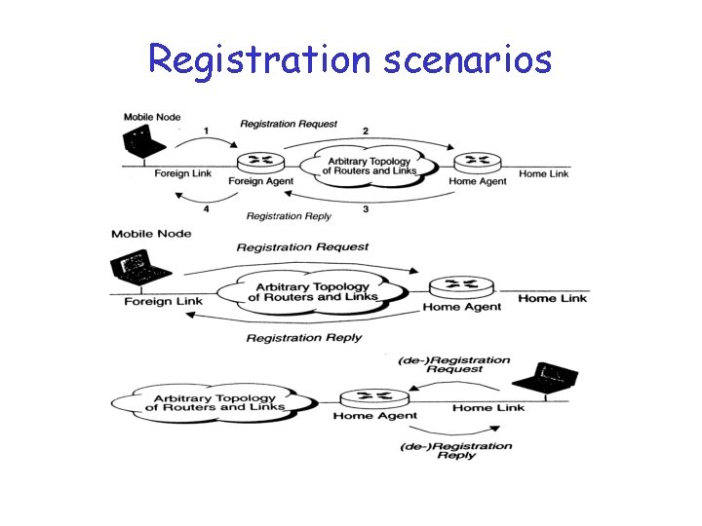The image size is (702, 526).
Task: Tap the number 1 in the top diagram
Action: coord(206,131)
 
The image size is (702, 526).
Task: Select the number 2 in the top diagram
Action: coord(365,131)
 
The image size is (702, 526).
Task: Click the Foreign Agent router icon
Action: coord(260,162)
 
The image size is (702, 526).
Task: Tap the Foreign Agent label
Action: coord(260,181)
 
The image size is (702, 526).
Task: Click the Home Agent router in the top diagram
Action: coord(478,162)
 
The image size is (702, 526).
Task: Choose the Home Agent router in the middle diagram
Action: coord(461,287)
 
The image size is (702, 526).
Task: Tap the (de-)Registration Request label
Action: coord(454,364)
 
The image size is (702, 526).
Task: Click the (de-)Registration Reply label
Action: coord(456,450)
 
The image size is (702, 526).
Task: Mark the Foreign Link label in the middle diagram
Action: coord(163,301)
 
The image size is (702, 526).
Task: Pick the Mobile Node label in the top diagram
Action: coord(152,117)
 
